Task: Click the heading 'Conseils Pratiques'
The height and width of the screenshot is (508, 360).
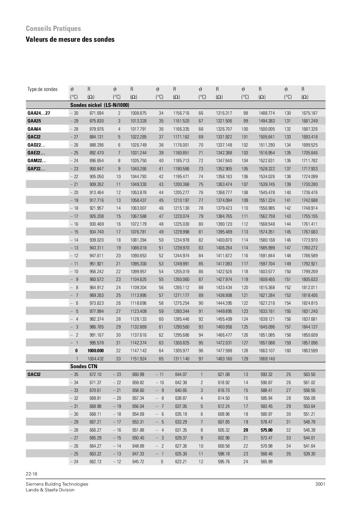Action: coord(53,29)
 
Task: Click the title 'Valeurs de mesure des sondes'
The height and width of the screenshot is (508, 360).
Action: coord(70,39)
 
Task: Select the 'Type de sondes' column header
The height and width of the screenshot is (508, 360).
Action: coord(42,89)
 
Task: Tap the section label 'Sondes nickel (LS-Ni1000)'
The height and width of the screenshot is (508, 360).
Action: coord(100,105)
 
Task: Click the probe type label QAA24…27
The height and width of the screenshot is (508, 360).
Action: coord(39,113)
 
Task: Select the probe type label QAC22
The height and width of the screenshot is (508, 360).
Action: coord(34,137)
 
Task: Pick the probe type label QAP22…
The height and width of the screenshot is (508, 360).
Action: coord(36,169)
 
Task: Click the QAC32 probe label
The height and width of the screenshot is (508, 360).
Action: coord(34,375)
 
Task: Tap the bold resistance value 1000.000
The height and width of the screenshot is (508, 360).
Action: coord(95,351)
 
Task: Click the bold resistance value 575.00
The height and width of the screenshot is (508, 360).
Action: coord(266,430)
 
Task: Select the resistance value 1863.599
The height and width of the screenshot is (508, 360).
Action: coord(309,351)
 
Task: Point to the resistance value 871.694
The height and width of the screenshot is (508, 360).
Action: coord(96,113)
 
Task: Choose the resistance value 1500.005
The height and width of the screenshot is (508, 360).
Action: coord(267,129)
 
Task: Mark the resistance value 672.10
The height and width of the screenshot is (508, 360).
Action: coord(95,375)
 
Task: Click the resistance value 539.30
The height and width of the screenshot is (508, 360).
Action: coord(309,454)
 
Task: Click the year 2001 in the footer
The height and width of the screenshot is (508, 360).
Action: coord(320,484)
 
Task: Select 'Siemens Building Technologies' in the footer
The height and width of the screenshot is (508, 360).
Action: coord(57,484)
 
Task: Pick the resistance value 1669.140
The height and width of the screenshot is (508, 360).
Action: coord(267,359)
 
